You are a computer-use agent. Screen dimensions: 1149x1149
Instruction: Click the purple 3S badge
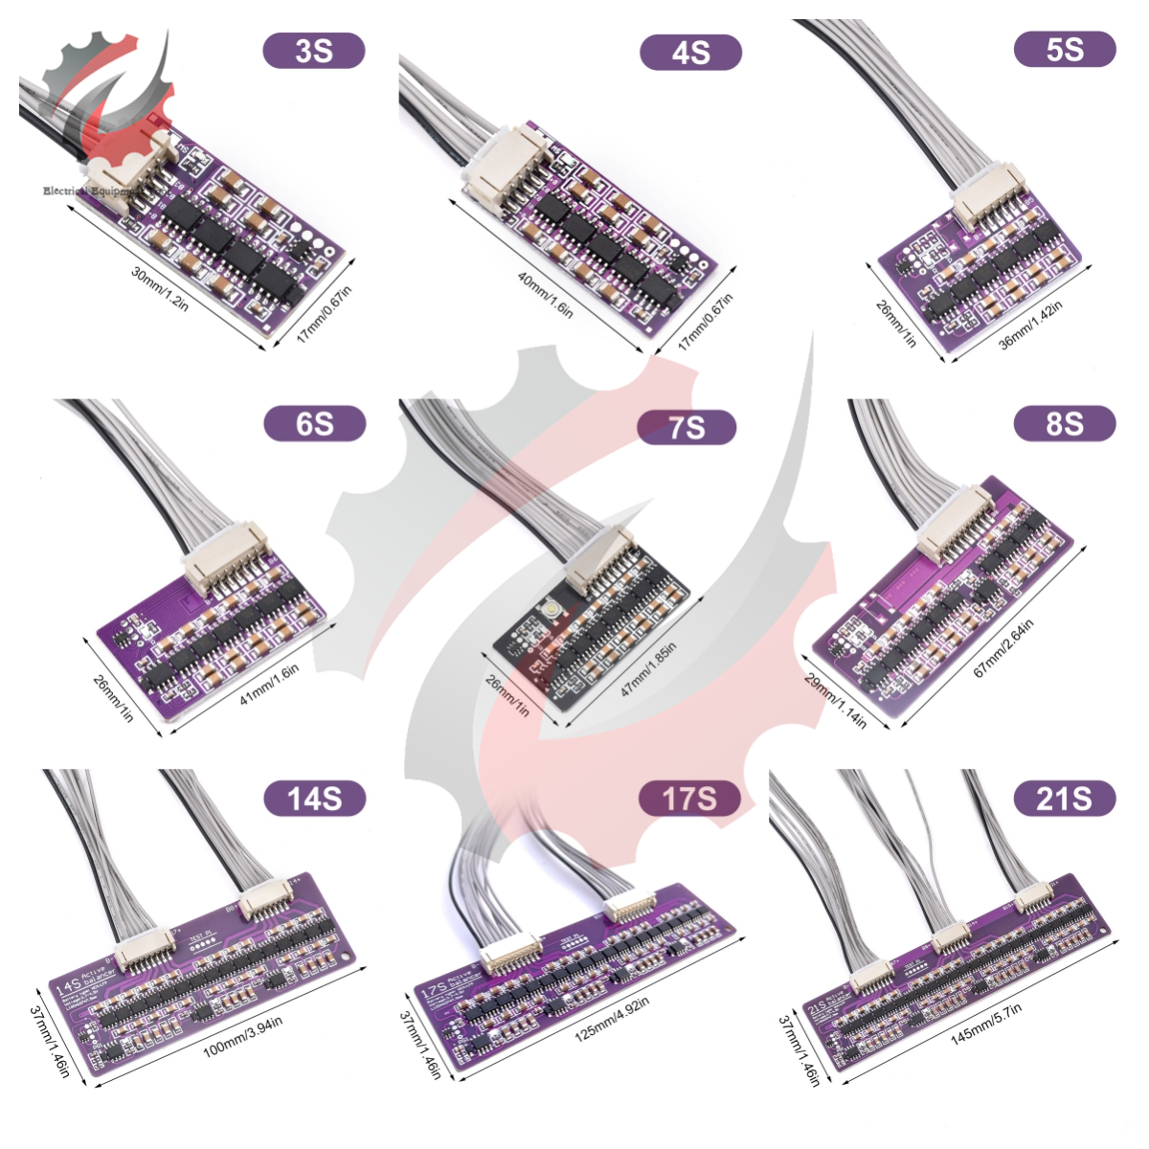point(314,51)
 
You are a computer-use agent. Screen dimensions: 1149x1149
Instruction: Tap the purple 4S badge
point(690,52)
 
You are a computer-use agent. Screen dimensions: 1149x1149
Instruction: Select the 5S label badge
point(1065,49)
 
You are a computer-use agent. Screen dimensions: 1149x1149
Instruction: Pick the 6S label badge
point(314,423)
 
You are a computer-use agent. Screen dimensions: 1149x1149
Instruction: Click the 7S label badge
point(687,427)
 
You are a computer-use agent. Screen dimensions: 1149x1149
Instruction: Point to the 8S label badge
point(1065,423)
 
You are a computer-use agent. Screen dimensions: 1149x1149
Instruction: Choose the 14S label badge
point(314,798)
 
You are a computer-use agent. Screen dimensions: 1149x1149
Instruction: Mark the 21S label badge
point(1064,798)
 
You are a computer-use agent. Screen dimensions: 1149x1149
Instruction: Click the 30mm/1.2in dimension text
point(160,287)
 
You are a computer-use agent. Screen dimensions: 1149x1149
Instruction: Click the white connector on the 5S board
point(981,206)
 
